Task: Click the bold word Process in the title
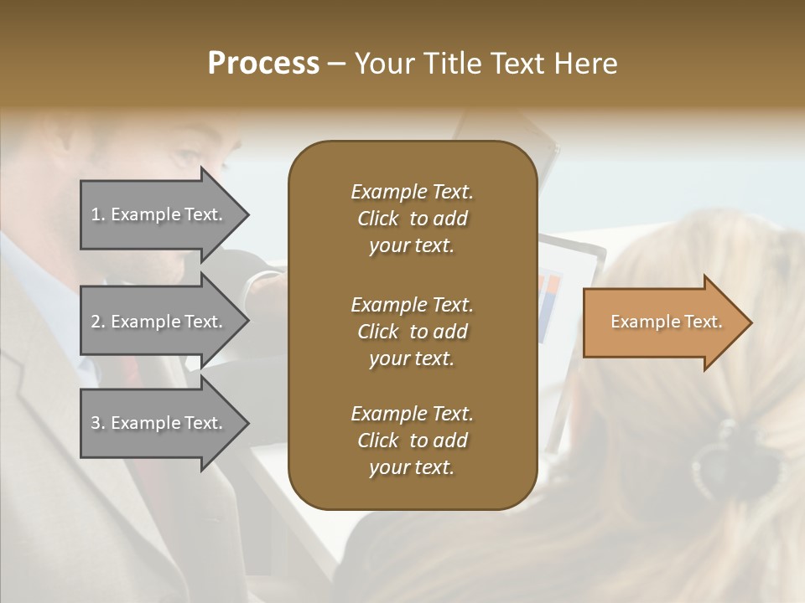pos(263,64)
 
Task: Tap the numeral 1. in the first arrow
pos(98,215)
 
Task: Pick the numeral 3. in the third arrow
pos(98,423)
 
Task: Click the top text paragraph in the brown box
pos(412,219)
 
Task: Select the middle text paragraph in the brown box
pos(412,332)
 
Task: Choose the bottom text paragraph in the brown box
pos(412,441)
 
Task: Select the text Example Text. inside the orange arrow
pos(666,322)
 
